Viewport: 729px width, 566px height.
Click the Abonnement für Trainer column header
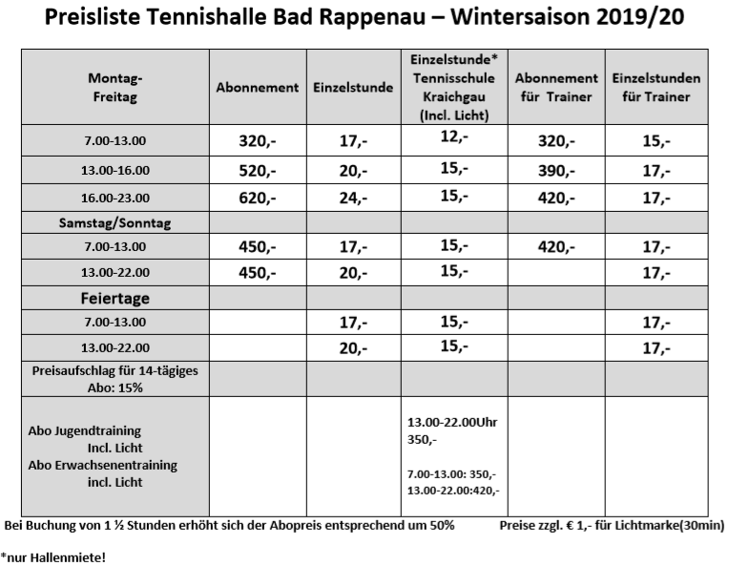coord(555,87)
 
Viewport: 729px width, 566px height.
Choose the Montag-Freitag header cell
coord(114,87)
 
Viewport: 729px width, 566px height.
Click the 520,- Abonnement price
coord(258,171)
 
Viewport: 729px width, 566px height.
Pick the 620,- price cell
coord(258,199)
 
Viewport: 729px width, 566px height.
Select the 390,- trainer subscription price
coord(556,171)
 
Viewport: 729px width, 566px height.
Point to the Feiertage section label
coord(114,299)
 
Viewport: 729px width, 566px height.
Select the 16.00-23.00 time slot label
coord(114,199)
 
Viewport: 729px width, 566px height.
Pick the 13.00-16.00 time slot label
coord(114,171)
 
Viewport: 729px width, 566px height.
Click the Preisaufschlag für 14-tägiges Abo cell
coord(114,378)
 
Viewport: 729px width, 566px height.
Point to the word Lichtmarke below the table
coord(656,525)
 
